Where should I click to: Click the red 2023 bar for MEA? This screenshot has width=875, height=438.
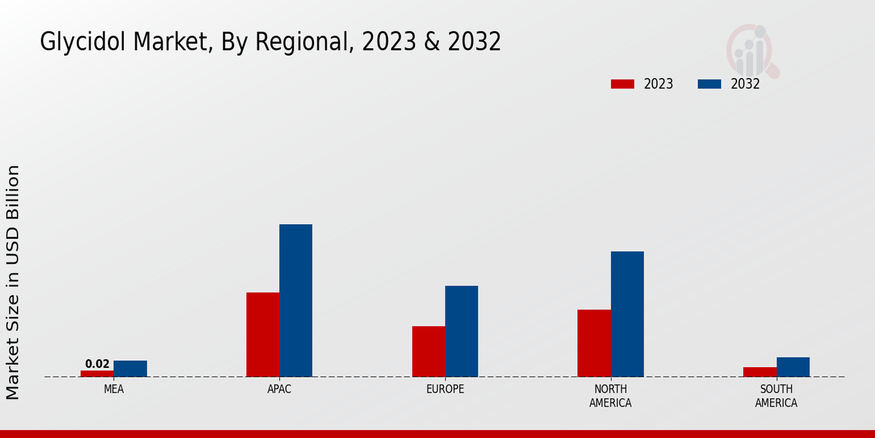[97, 373]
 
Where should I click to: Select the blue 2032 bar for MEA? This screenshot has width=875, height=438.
[130, 369]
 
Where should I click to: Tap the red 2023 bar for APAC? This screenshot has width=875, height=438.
[262, 334]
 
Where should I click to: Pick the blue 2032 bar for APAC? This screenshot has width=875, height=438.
[295, 300]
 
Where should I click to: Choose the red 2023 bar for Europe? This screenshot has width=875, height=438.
[428, 351]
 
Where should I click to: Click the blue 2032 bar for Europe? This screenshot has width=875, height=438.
[462, 331]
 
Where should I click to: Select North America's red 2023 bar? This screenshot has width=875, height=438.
[594, 343]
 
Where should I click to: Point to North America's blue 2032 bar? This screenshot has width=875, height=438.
[627, 314]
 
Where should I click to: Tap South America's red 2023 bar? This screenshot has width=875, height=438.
[759, 372]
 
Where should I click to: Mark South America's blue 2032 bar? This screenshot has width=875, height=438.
[793, 366]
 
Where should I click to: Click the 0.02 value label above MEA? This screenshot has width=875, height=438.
[97, 364]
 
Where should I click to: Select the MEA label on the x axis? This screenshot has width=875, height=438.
[114, 389]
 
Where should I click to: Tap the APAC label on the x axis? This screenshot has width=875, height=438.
[279, 389]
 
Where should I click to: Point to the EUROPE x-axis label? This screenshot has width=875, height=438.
[445, 389]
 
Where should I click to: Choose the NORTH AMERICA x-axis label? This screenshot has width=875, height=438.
[610, 396]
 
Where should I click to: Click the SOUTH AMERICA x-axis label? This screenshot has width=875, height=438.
[776, 396]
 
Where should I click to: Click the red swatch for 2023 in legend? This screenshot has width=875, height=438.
[622, 84]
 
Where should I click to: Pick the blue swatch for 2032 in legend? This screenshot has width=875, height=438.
[709, 84]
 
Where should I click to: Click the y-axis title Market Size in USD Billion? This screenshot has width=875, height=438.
[13, 282]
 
